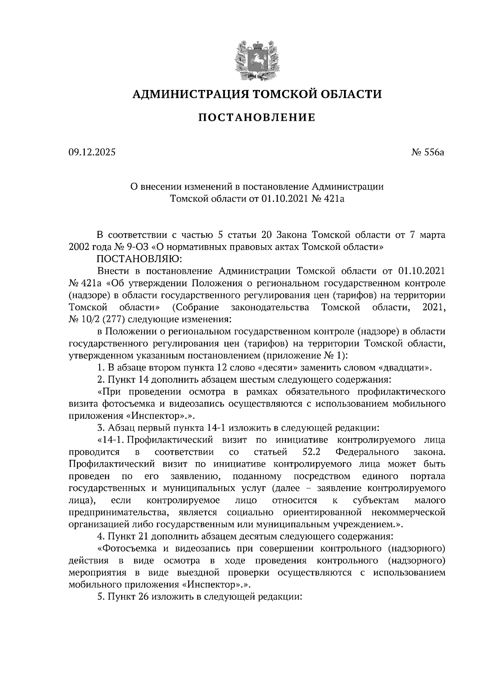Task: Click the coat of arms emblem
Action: [x=256, y=59]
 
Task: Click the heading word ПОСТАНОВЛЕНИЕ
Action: [x=257, y=118]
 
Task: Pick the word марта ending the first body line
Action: [x=432, y=234]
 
